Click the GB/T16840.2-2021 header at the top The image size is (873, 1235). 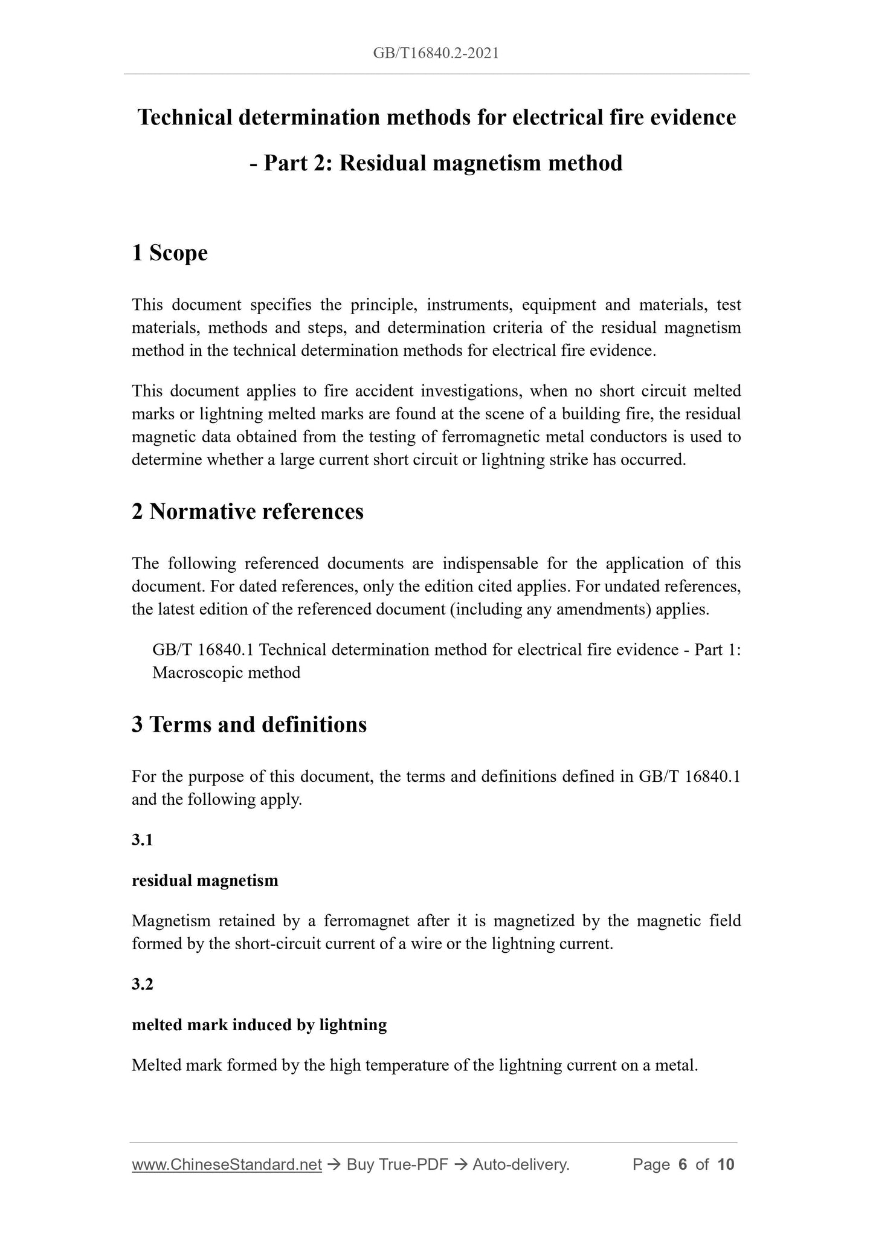(436, 53)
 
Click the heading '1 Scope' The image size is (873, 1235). (169, 253)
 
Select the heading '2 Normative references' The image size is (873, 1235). (248, 512)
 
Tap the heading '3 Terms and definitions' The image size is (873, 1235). (249, 724)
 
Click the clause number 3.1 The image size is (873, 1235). (142, 840)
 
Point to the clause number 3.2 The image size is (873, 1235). (142, 984)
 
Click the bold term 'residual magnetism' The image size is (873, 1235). (205, 880)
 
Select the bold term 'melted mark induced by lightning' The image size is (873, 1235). (259, 1025)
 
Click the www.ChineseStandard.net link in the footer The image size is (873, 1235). (227, 1164)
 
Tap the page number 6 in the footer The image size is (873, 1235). (683, 1164)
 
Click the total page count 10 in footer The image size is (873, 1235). (726, 1164)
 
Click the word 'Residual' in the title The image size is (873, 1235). (379, 163)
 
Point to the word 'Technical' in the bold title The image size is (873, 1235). (185, 117)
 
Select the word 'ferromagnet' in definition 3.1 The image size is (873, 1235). (366, 921)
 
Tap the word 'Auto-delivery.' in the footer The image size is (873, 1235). (521, 1164)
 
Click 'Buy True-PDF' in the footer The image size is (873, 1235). (397, 1164)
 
